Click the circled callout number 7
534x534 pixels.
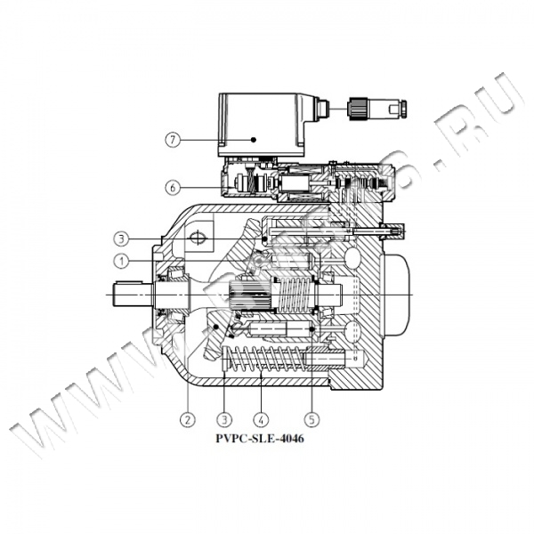173,140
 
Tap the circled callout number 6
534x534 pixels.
173,187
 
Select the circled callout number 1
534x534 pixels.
120,260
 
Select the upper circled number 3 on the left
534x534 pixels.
120,238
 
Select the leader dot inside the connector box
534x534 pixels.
253,140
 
